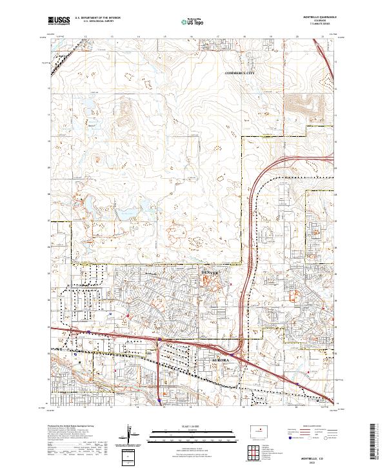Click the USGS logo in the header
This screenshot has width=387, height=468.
59,22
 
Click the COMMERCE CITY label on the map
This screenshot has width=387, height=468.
240,74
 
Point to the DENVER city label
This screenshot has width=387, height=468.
210,274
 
